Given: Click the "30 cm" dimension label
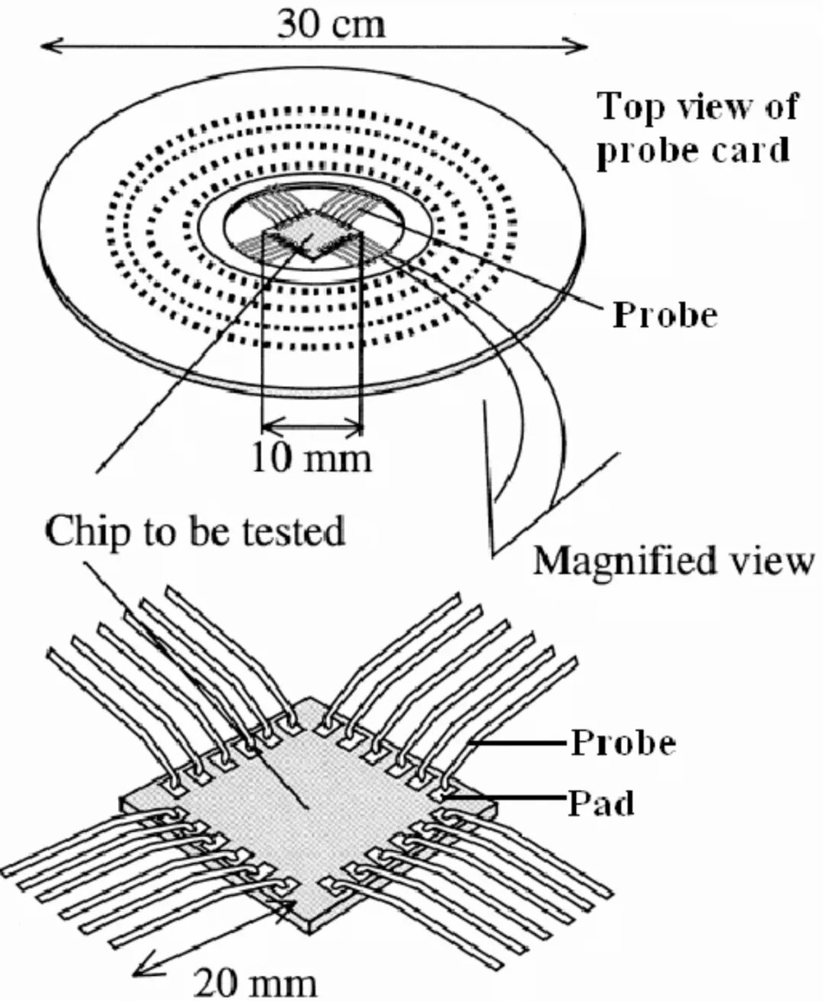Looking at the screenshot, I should pos(331,24).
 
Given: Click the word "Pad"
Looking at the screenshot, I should pos(601,803).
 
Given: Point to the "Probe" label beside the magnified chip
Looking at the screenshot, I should pos(623,742).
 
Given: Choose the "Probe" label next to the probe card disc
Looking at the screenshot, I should pos(664,313).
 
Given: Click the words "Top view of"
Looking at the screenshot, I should pos(697,106).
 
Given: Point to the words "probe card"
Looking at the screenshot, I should pos(692,150).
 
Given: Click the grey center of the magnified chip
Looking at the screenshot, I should pos(309,808).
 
